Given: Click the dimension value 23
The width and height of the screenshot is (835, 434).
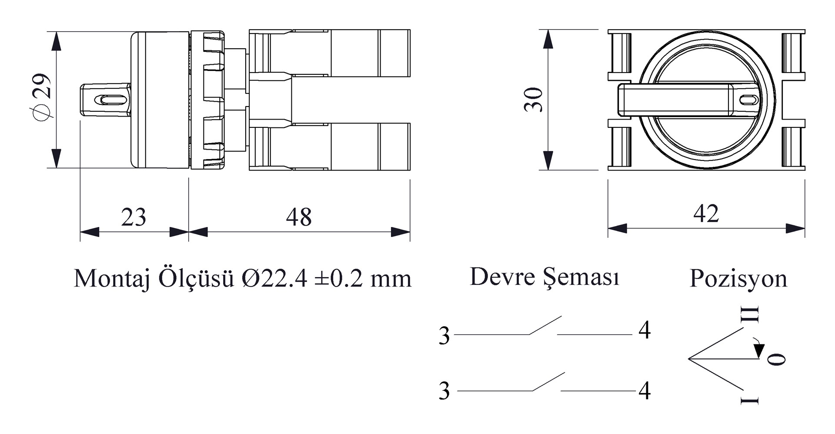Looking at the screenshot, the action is tap(134, 217).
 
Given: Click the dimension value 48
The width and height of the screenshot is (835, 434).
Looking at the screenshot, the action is tap(299, 217).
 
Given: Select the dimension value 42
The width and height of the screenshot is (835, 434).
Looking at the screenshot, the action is tap(706, 214).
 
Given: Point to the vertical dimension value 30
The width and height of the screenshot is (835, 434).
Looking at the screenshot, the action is tap(534, 100).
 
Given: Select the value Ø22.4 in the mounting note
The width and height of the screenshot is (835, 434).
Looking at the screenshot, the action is tap(274, 279).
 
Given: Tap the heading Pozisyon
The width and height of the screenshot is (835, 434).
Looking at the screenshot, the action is tap(738, 279).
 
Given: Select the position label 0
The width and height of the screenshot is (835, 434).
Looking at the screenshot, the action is tap(776, 359).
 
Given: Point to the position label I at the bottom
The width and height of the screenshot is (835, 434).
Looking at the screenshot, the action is tap(750, 400).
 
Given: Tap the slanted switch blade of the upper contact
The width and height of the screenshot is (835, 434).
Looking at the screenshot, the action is tap(545, 325).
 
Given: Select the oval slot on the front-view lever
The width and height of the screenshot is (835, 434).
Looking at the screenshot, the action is tap(748, 100).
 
